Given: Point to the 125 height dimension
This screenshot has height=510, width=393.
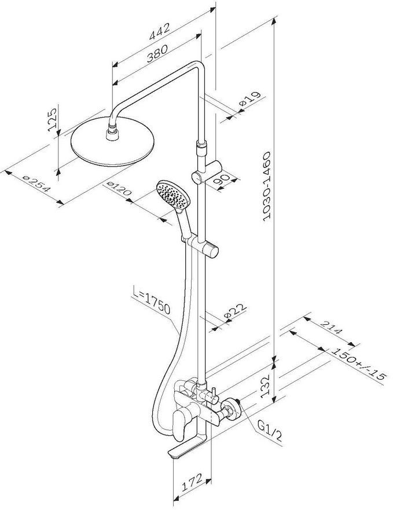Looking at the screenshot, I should click(53, 120).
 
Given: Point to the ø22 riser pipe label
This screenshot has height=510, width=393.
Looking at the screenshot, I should click(230, 313).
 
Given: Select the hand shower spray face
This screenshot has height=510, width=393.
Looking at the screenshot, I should click(172, 193).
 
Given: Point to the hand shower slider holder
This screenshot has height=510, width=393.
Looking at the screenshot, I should click(210, 250).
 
